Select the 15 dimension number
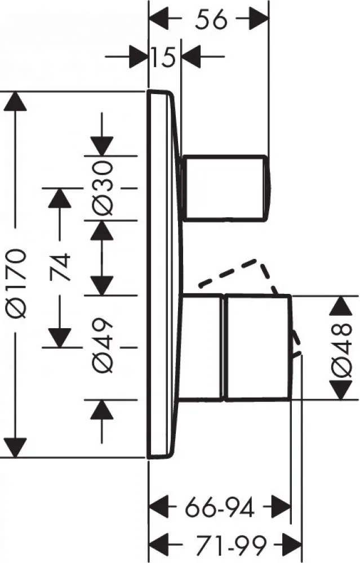click(163, 57)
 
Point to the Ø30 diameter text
click(103, 188)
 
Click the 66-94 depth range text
click(220, 507)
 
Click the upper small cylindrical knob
click(225, 188)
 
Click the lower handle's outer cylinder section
click(258, 347)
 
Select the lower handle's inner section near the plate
click(201, 347)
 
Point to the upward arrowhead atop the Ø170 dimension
click(15, 101)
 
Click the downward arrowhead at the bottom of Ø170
click(15, 448)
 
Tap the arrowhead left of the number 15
click(139, 57)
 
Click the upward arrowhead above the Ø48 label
click(341, 306)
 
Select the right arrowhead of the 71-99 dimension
click(292, 544)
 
